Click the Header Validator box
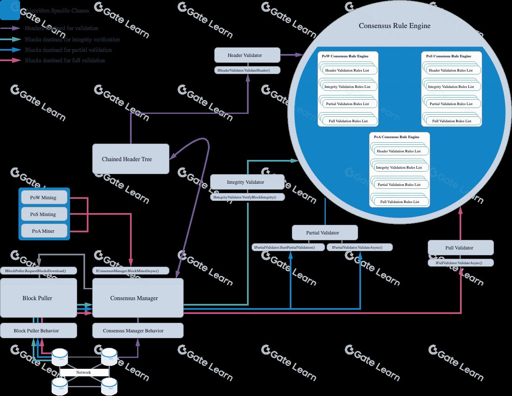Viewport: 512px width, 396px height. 247,55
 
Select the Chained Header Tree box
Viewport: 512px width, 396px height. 130,159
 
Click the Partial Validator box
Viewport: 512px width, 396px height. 325,233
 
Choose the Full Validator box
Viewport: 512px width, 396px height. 460,248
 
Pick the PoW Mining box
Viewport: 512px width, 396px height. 44,198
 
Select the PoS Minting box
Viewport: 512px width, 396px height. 44,214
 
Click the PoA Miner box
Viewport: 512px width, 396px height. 44,231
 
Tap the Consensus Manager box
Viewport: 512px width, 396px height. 138,298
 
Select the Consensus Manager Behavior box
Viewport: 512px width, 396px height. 138,331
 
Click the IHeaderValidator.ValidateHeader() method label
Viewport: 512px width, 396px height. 247,70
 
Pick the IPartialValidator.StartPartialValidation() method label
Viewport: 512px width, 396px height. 289,247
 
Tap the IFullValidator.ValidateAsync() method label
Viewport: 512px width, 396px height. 460,263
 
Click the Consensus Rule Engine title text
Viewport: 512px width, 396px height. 395,26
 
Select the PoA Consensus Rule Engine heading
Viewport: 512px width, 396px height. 396,137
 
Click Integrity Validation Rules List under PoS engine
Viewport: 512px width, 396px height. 451,87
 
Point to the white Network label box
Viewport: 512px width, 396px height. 84,372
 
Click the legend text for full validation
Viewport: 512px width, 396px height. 65,61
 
